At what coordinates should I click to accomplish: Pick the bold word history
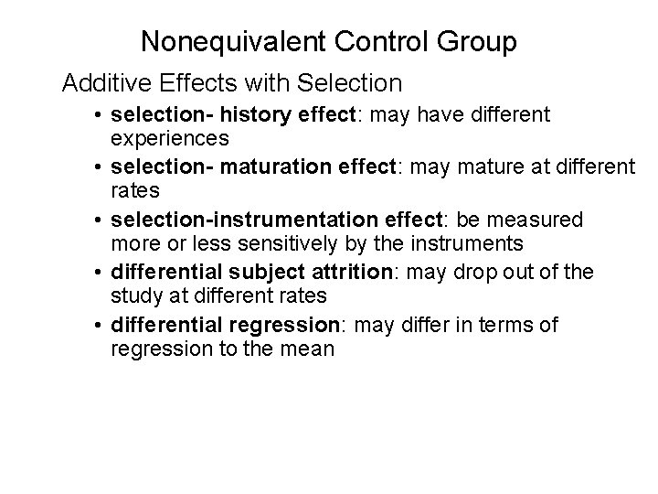tap(240, 115)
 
